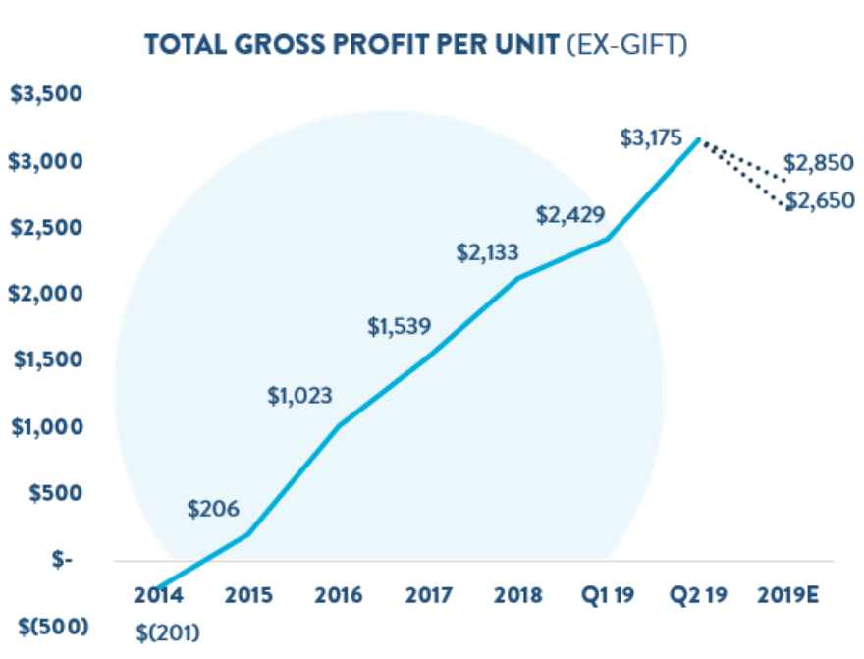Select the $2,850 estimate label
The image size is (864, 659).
(819, 163)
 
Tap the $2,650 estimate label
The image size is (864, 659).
(819, 201)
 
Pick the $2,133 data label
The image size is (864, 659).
(488, 252)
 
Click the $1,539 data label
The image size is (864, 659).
(399, 326)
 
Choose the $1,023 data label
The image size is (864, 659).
(300, 397)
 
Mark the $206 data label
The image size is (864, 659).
(213, 509)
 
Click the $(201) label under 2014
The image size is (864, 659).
(168, 632)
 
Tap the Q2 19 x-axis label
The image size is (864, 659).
(698, 596)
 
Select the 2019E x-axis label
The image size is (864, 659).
(790, 596)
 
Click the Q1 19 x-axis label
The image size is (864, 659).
(607, 596)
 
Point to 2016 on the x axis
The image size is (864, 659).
(340, 596)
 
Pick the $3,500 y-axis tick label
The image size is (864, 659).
(44, 95)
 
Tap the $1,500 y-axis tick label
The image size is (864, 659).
(44, 360)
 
